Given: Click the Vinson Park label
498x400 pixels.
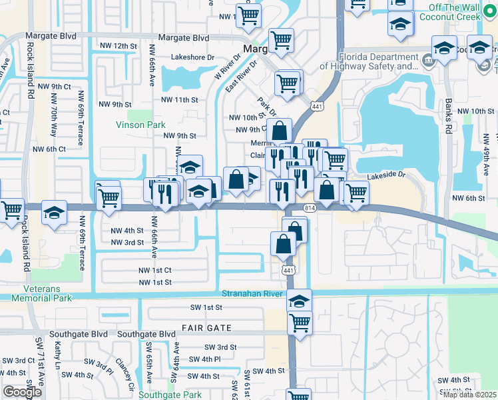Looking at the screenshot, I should (x=140, y=125).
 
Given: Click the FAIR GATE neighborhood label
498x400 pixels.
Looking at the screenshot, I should (x=206, y=328).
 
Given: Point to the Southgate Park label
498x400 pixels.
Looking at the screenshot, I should (x=170, y=395).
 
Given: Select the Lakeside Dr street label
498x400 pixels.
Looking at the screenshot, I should (x=385, y=175).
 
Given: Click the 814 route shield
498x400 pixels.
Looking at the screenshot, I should (x=311, y=208).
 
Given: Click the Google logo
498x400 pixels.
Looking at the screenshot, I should (x=22, y=392).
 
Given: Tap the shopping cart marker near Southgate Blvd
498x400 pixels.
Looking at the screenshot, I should (x=300, y=323).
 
